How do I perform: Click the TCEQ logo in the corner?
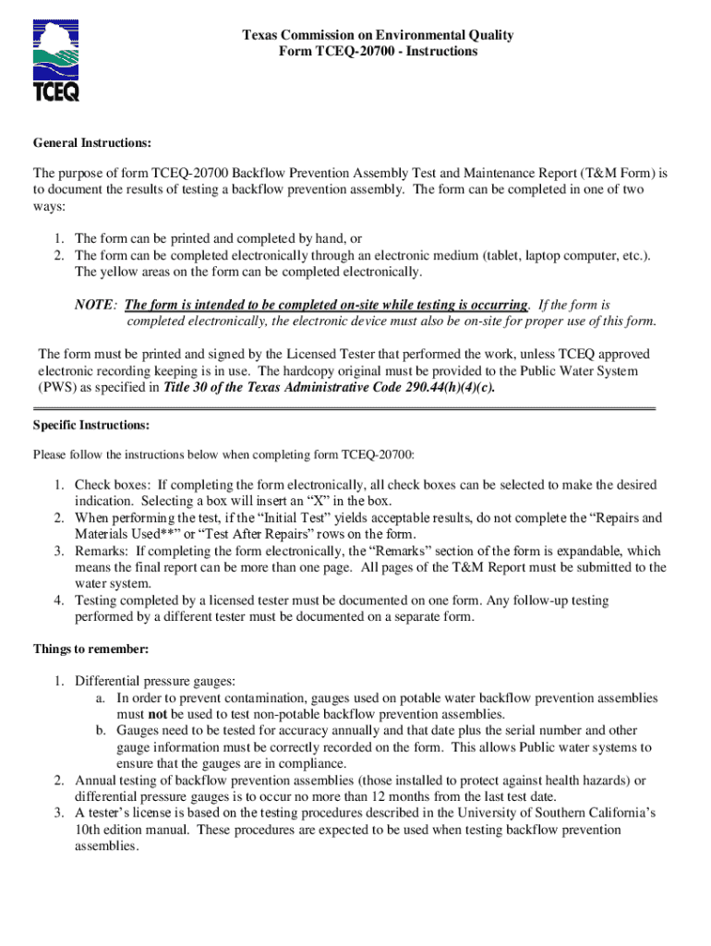(56, 62)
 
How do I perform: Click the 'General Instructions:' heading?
(92, 144)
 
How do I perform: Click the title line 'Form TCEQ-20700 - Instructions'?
(378, 52)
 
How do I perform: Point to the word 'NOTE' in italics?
(94, 305)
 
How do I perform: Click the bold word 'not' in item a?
(158, 714)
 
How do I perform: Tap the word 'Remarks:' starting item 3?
(102, 552)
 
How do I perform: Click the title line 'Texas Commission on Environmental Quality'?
(378, 35)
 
